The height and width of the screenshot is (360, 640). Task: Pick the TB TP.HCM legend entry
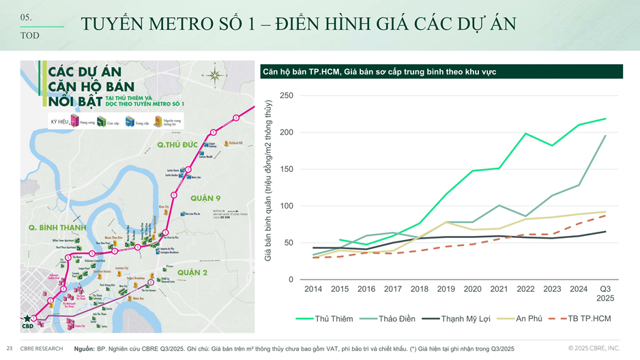tap(588, 318)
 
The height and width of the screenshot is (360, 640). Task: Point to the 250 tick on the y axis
tap(287, 95)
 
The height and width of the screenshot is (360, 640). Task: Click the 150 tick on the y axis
tap(287, 169)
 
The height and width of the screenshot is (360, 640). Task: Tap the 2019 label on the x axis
tap(446, 289)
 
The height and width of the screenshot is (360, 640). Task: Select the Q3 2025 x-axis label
tap(605, 294)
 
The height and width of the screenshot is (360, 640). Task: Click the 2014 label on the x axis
tap(313, 289)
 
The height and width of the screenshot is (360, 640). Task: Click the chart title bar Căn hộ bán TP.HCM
tap(441, 72)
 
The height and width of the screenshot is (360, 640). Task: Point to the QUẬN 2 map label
tap(192, 273)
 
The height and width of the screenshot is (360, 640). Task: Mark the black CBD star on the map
tap(27, 318)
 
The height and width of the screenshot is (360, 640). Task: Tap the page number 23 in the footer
tap(10, 348)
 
